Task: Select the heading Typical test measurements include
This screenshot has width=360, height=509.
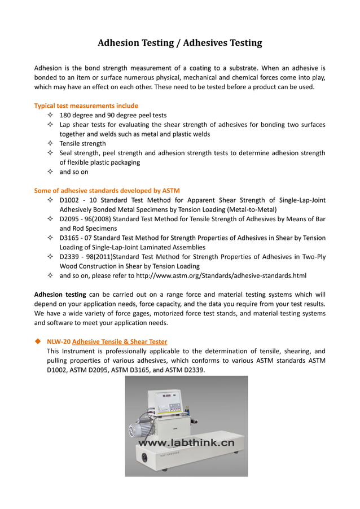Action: (86, 106)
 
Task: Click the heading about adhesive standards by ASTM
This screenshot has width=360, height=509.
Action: (107, 190)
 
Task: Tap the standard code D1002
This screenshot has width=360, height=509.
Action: (71, 200)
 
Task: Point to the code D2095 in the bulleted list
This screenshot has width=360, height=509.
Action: (71, 219)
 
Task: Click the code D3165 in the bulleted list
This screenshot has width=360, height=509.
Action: (71, 238)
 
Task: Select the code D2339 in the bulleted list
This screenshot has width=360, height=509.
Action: (71, 257)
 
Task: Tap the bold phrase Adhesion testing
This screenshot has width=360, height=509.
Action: (60, 295)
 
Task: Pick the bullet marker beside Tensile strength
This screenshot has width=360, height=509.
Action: (50, 143)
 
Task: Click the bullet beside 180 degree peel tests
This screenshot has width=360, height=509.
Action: (50, 115)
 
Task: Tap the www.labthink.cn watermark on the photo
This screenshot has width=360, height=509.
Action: (186, 444)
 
